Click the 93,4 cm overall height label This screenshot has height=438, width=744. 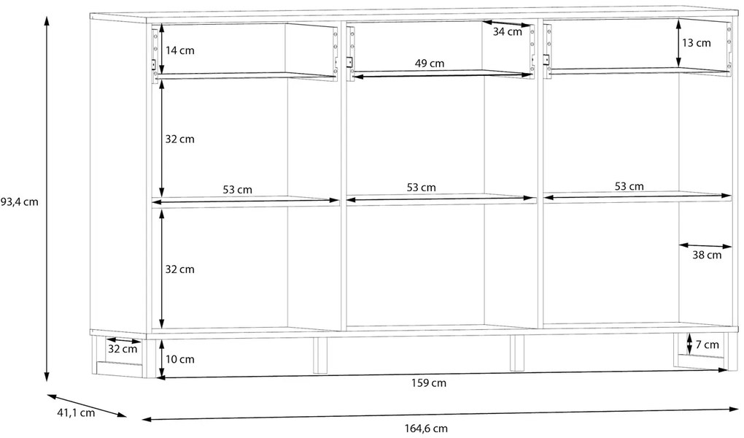tap(19, 202)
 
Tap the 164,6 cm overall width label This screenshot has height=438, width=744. tap(426, 429)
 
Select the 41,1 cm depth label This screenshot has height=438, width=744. tap(76, 413)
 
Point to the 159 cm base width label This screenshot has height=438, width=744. tap(429, 383)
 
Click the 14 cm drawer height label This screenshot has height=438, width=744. tap(180, 50)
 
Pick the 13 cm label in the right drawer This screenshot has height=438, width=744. tap(697, 43)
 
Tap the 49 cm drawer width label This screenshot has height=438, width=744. tap(430, 64)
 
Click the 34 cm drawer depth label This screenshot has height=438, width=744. tap(507, 32)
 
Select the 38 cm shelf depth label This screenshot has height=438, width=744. tap(707, 255)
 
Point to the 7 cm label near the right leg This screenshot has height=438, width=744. tap(707, 345)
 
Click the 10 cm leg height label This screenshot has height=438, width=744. tap(180, 359)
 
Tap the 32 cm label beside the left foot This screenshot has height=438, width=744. tap(123, 349)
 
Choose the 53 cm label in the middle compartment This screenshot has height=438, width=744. tap(422, 188)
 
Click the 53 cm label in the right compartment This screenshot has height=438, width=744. tap(629, 186)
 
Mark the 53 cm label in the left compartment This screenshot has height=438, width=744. tap(238, 190)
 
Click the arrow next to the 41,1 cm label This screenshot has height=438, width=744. tap(87, 405)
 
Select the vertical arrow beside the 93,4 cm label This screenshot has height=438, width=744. tap(46, 199)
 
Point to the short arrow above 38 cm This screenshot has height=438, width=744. tap(705, 245)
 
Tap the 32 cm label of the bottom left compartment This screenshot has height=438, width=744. tap(180, 269)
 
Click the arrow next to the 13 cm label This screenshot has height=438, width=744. tap(678, 44)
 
